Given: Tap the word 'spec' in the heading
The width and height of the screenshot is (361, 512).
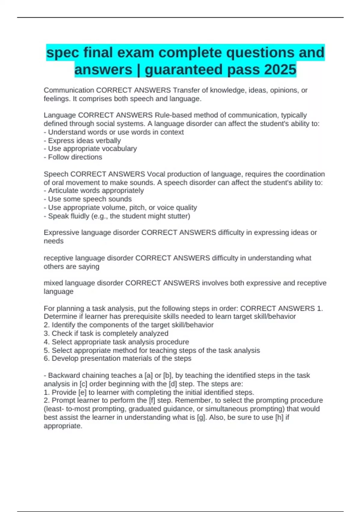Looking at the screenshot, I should coord(63,53).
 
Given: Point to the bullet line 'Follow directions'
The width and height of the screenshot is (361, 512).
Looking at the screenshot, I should coord(75,157).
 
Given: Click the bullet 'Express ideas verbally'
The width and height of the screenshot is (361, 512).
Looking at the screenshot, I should coord(84,141).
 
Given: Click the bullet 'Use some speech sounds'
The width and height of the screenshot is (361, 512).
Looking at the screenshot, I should coord(90,199).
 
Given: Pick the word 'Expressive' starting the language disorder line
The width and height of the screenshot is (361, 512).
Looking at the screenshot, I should coord(60,233).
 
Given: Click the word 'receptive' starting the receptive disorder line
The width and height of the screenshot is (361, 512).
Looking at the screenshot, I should coord(58,258).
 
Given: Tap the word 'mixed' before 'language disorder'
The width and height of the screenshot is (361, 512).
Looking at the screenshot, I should coord(53,283).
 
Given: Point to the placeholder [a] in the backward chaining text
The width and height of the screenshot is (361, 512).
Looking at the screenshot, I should coord(149,375).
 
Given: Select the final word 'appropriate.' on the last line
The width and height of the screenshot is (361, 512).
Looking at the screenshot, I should coord(63,426).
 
